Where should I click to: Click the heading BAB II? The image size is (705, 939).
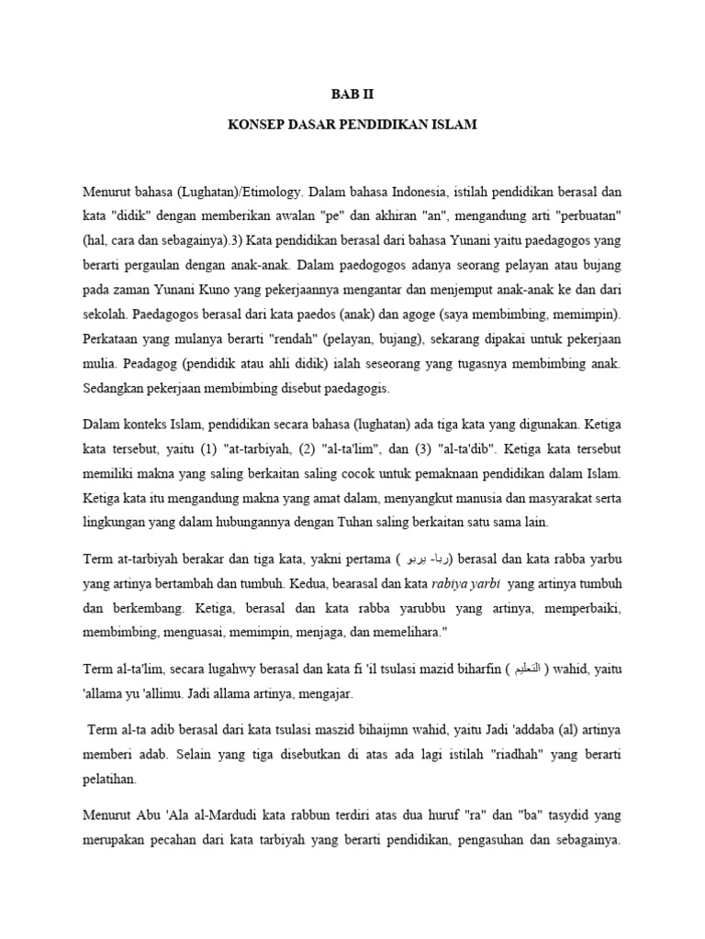[352, 94]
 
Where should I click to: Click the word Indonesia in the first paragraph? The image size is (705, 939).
[418, 193]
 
